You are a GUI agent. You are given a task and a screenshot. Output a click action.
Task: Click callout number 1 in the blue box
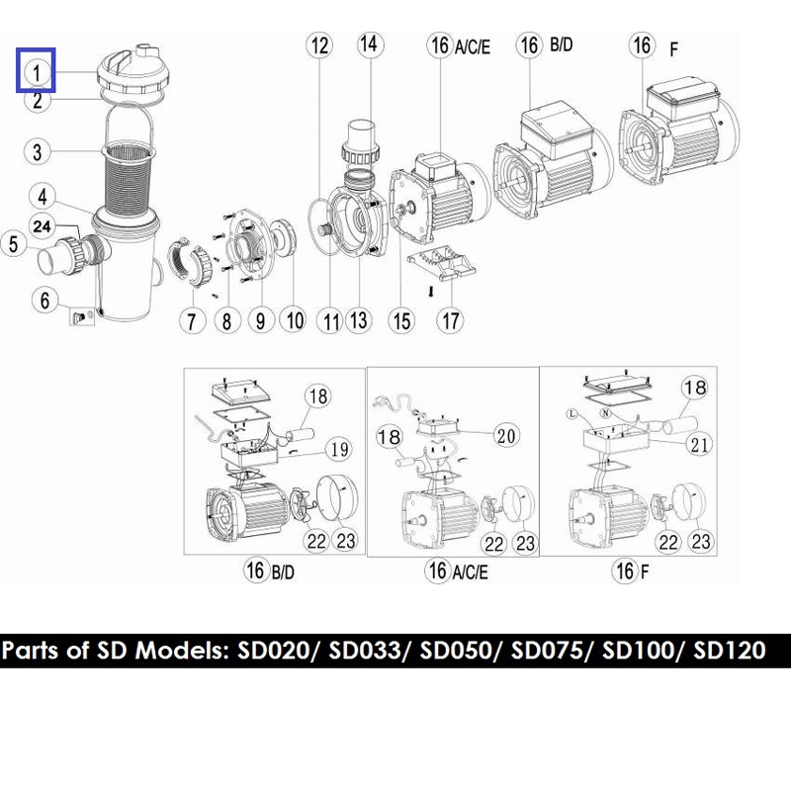pos(37,73)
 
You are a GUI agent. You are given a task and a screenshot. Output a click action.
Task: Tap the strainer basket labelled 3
pos(129,177)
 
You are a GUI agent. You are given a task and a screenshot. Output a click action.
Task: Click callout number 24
pos(42,225)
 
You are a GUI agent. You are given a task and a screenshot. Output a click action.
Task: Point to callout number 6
pos(44,301)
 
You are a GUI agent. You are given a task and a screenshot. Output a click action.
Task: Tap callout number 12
pos(319,45)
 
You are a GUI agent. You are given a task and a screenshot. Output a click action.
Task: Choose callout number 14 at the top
pos(370,44)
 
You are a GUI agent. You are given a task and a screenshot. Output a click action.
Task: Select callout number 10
pos(295,320)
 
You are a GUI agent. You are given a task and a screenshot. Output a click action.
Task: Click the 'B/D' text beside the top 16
pos(562,44)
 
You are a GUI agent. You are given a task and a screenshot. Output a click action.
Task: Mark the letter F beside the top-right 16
pos(673,49)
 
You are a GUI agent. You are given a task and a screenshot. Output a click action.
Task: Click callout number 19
pos(339,449)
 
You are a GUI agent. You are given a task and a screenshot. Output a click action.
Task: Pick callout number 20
pos(506,435)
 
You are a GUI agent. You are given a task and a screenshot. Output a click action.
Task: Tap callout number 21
pos(699,444)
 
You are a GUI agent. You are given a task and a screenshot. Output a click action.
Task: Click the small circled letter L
pos(571,414)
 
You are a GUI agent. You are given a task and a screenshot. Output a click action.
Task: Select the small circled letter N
pos(606,413)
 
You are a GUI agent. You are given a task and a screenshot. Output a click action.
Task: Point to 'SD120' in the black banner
pos(730,651)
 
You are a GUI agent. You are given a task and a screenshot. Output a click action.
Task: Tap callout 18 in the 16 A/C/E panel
pos(389,437)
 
